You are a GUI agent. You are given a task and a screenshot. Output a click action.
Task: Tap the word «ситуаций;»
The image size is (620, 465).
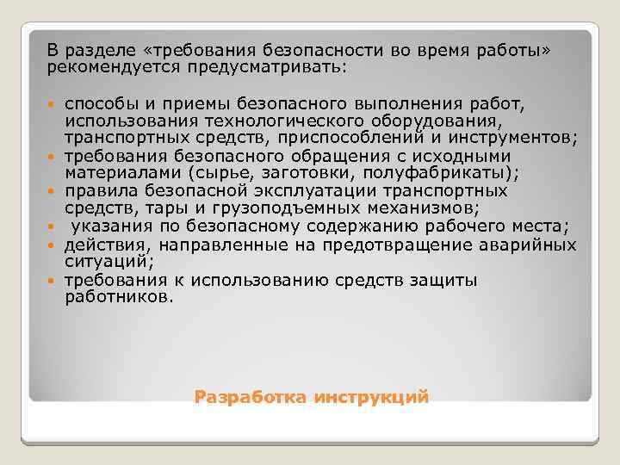109,261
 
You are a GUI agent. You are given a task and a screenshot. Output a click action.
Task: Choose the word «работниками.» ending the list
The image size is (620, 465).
119,297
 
